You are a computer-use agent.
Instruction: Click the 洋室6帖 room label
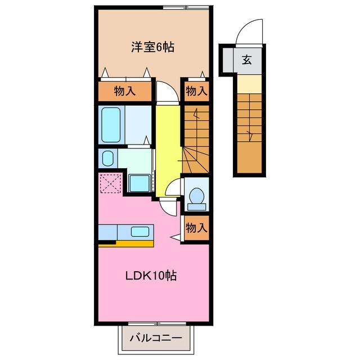coord(152,48)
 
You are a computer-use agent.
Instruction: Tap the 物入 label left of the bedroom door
coord(125,91)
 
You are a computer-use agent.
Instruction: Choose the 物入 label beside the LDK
coord(196,228)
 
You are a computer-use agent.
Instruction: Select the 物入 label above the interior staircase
coord(196,91)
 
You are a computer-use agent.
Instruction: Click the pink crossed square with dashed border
coord(110,183)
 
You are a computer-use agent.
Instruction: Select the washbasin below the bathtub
coord(107,158)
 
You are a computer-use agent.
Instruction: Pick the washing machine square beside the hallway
coord(138,183)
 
